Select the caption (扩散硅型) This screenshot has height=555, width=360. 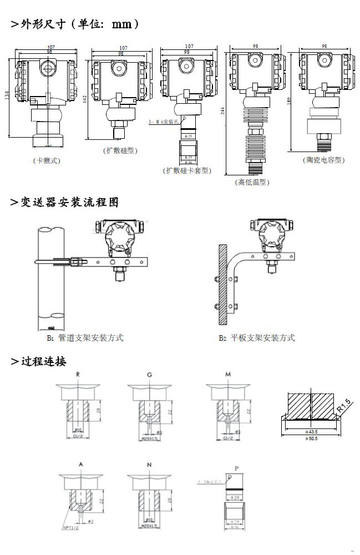tap(120, 150)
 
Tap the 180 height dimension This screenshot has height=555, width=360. tap(289, 101)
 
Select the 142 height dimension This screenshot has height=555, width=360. tap(85, 99)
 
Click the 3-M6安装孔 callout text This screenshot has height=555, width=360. tap(164, 122)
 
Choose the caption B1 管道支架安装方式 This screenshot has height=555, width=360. tap(84, 337)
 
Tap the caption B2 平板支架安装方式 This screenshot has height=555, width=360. tap(256, 337)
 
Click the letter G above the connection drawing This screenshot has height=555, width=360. tap(149, 375)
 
